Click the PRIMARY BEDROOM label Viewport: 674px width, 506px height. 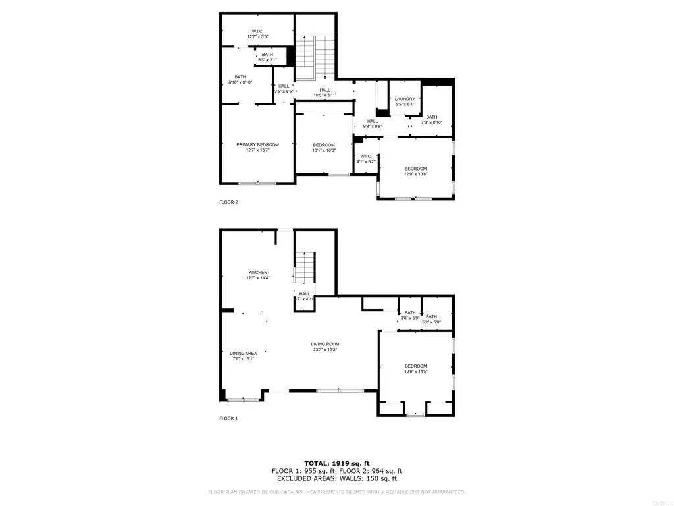pyautogui.click(x=257, y=145)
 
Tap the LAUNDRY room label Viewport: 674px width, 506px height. pyautogui.click(x=405, y=99)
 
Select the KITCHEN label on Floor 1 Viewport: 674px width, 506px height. pyautogui.click(x=257, y=273)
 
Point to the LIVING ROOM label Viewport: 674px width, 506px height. pyautogui.click(x=324, y=344)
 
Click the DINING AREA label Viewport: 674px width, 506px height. pyautogui.click(x=243, y=354)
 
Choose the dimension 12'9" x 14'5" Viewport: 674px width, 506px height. pyautogui.click(x=415, y=372)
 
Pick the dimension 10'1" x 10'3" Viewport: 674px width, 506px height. pyautogui.click(x=323, y=150)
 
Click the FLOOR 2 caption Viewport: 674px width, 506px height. pyautogui.click(x=228, y=202)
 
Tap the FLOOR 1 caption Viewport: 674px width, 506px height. pyautogui.click(x=228, y=418)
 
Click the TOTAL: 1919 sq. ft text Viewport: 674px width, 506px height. pyautogui.click(x=336, y=463)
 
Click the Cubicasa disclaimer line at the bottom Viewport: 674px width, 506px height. pyautogui.click(x=336, y=492)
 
